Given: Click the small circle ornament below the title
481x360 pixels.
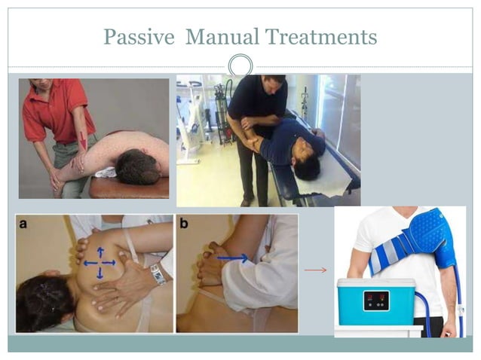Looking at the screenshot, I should [x=240, y=65].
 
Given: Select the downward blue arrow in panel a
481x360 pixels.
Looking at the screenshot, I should [x=100, y=273].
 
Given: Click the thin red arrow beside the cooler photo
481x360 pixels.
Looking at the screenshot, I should [x=315, y=270].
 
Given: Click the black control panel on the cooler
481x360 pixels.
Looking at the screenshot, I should [x=375, y=301].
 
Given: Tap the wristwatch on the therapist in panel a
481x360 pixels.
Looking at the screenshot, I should [x=157, y=274].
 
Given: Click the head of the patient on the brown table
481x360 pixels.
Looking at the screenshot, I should [x=138, y=167].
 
